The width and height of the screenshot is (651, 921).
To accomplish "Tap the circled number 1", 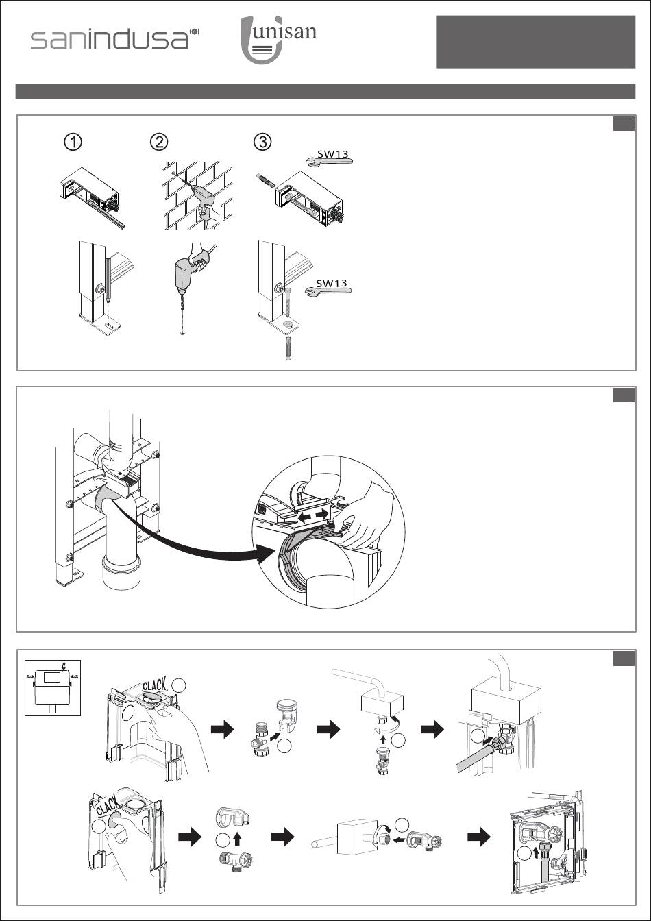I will coord(73,142).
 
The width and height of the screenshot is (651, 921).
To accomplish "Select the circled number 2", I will coord(158,142).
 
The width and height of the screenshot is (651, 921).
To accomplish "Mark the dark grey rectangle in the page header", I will coord(536,42).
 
